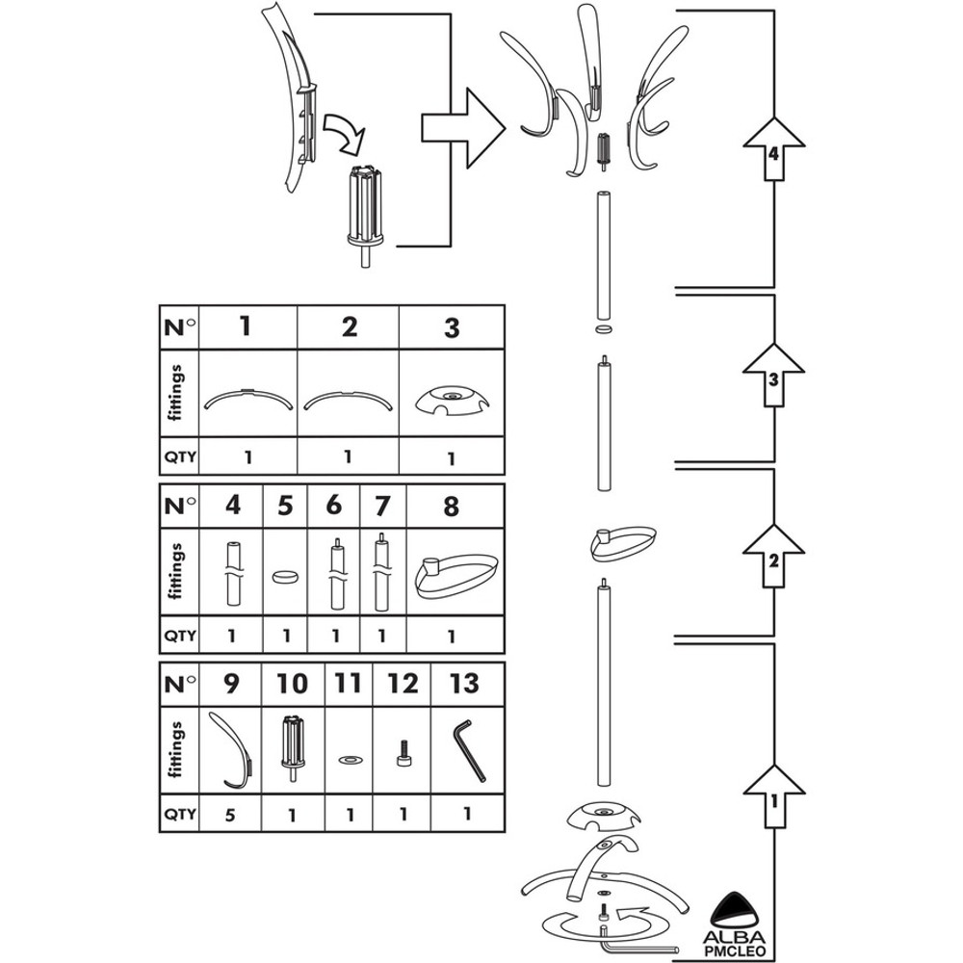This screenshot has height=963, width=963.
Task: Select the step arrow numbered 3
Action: coord(775,377)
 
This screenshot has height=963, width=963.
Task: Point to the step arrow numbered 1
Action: coord(775,795)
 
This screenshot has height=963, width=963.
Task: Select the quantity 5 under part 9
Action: coord(231,813)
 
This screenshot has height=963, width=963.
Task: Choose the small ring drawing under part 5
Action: coord(284,577)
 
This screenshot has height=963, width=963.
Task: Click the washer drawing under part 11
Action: coord(349,760)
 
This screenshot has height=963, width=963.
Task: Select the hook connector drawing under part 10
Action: coord(293,743)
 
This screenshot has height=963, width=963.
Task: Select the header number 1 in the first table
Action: coord(246,326)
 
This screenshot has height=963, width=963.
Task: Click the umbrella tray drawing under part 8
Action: coord(455,577)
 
